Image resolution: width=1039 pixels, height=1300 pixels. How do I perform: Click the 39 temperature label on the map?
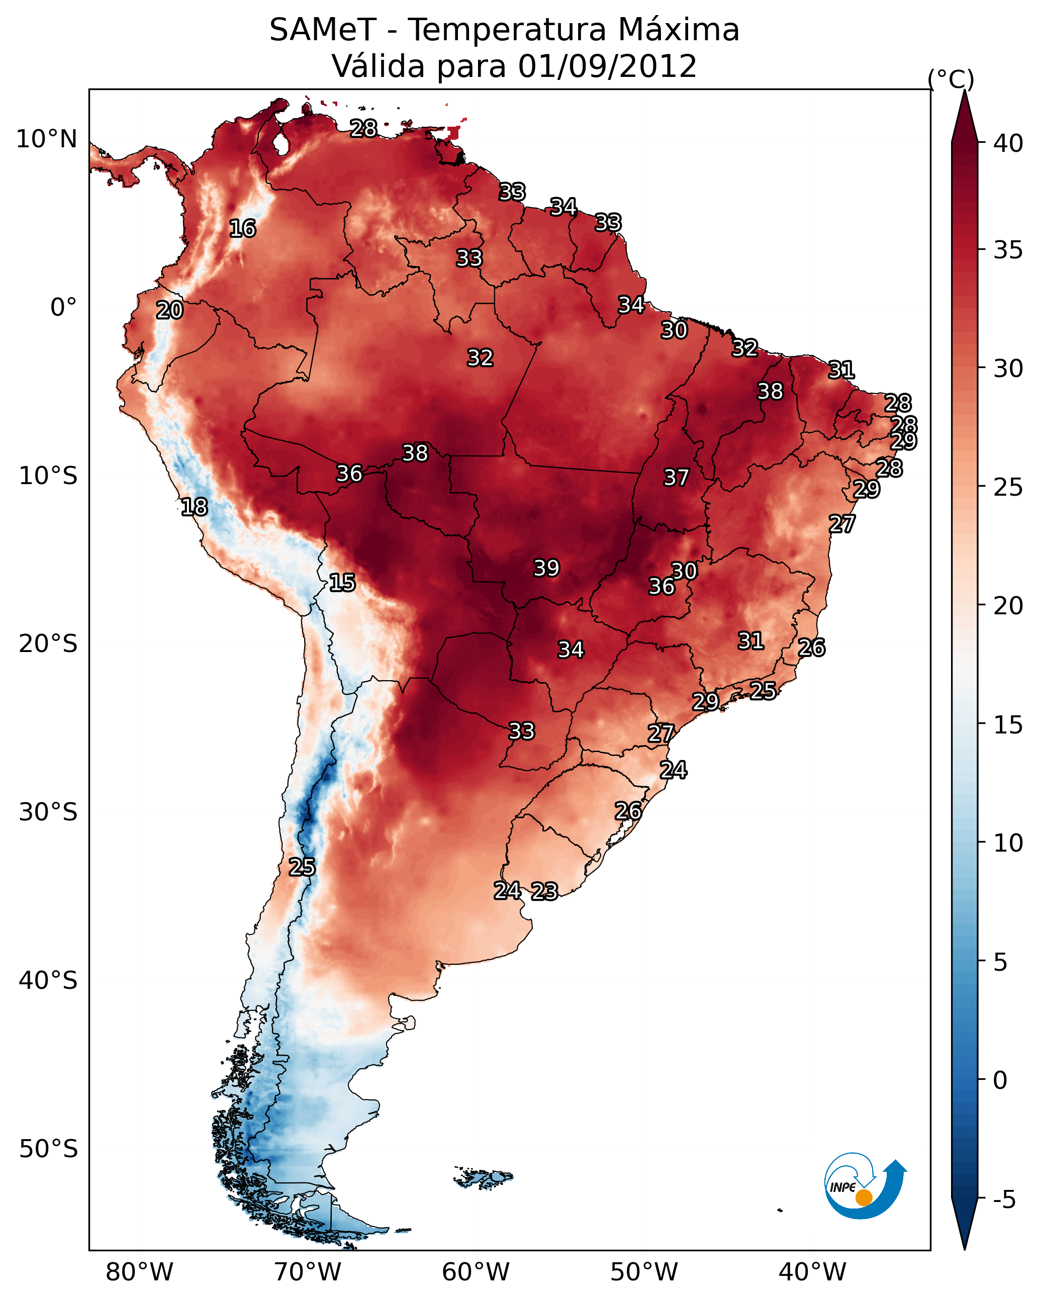click(546, 568)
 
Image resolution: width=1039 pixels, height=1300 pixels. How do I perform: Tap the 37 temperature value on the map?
click(676, 478)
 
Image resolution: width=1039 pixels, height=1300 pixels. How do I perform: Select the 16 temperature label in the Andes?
click(242, 229)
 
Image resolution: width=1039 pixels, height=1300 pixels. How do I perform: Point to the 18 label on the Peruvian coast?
click(194, 507)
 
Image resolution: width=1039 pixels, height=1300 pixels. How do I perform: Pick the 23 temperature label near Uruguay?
click(544, 891)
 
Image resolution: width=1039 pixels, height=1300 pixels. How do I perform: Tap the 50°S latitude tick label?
click(48, 1149)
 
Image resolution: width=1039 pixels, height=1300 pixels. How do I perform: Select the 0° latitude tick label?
click(64, 308)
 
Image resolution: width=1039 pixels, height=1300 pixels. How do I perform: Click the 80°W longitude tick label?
click(139, 1272)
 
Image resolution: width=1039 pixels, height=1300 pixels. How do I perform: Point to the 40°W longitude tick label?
click(812, 1272)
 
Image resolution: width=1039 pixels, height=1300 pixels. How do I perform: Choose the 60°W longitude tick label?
click(476, 1272)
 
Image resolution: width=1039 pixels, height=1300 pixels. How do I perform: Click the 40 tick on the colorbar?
click(1008, 143)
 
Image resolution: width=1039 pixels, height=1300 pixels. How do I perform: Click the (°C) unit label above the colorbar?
click(951, 79)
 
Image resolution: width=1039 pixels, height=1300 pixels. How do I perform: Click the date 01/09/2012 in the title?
click(607, 66)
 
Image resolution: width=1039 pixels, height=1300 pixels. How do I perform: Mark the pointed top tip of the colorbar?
click(964, 90)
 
